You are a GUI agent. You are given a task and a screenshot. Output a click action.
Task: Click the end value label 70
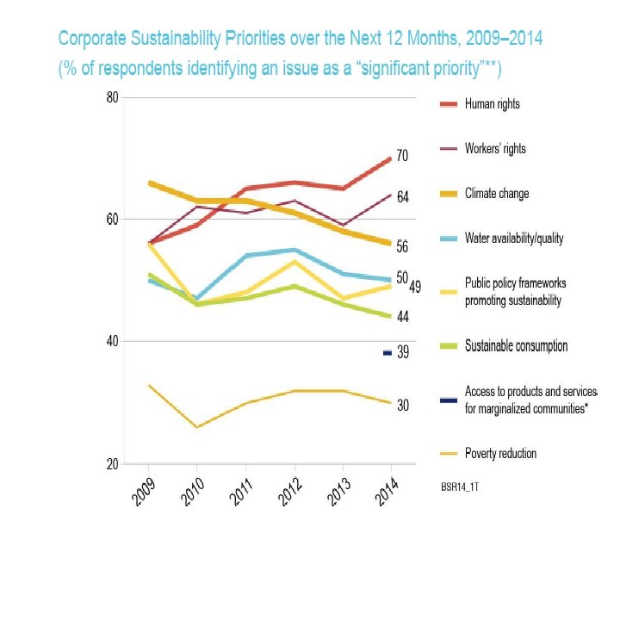tap(402, 156)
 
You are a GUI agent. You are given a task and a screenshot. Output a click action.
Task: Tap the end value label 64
tap(402, 197)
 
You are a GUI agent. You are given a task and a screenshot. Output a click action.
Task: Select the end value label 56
tap(402, 246)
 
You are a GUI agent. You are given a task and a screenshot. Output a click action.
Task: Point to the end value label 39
tap(403, 353)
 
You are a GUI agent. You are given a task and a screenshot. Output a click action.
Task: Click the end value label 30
tap(402, 405)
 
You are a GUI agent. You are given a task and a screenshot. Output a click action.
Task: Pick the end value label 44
tap(402, 317)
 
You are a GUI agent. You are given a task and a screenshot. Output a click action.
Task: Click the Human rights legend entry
tap(492, 104)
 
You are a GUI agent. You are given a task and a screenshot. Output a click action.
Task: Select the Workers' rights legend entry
tap(494, 149)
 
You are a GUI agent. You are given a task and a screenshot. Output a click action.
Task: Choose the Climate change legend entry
tap(496, 194)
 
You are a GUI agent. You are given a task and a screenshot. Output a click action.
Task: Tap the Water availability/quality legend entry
tap(513, 239)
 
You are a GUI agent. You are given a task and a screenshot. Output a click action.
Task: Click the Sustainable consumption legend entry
tap(515, 346)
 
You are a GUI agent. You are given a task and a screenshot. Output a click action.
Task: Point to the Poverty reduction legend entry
tap(501, 453)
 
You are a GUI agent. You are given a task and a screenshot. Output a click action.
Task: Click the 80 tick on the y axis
tap(112, 97)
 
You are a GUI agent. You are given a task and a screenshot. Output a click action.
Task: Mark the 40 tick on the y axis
tap(112, 342)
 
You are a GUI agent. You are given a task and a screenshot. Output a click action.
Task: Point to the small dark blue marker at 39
tap(387, 353)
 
